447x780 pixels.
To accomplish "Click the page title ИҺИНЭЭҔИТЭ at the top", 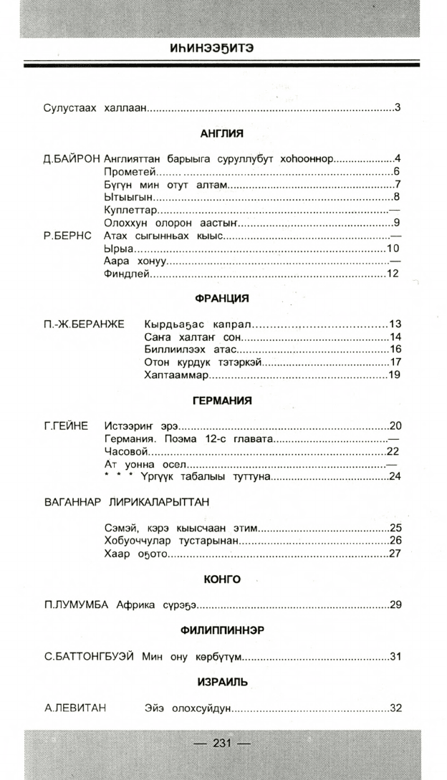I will coord(222,49).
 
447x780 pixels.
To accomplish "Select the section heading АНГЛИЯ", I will coord(222,133).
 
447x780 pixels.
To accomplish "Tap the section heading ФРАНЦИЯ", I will coord(222,298).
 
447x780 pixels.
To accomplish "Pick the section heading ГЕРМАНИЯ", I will coord(222,400).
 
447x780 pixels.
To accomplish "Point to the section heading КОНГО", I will coord(222,579).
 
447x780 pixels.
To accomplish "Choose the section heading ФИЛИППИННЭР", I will coord(222,630).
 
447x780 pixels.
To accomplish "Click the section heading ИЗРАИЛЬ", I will coord(222,682).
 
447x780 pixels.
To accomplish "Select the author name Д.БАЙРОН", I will coord(72,158).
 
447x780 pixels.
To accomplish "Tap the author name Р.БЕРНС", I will coord(68,236).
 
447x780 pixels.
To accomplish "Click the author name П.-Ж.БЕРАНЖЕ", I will coord(84,324).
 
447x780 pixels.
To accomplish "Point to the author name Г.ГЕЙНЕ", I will coord(66,426).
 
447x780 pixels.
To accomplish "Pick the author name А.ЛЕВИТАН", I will coord(75,708).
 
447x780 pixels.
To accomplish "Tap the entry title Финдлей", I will coord(127,274).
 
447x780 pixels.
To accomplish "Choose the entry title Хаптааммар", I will coord(176,375).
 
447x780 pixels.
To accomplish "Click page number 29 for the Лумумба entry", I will coord(395,605).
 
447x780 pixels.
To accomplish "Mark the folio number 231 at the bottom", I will coord(222,743).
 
